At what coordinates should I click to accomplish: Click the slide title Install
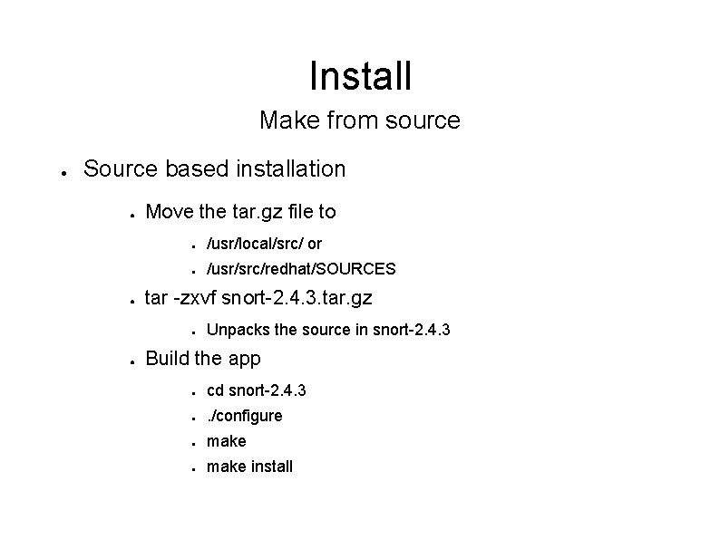pyautogui.click(x=360, y=75)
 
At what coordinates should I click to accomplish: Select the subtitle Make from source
pyautogui.click(x=360, y=120)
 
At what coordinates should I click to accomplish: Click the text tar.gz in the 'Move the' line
pyautogui.click(x=248, y=212)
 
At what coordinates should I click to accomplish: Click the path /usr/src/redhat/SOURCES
pyautogui.click(x=301, y=269)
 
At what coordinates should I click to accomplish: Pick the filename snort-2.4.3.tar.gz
pyautogui.click(x=310, y=298)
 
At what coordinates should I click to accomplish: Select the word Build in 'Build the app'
pyautogui.click(x=167, y=358)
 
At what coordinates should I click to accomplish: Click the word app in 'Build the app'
pyautogui.click(x=243, y=358)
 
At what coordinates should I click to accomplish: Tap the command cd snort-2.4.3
pyautogui.click(x=256, y=390)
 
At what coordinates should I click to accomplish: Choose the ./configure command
pyautogui.click(x=245, y=416)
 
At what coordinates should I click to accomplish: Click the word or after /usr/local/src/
pyautogui.click(x=314, y=244)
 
